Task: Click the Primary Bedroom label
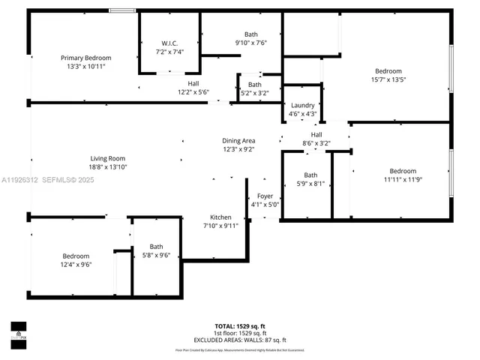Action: pyautogui.click(x=86, y=58)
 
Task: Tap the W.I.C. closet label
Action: pyautogui.click(x=169, y=43)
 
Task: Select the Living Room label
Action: pyautogui.click(x=107, y=158)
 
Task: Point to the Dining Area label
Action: pyautogui.click(x=238, y=141)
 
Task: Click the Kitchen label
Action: pyautogui.click(x=220, y=217)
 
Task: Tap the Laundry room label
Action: pyautogui.click(x=302, y=106)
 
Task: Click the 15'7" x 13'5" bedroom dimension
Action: pyautogui.click(x=388, y=80)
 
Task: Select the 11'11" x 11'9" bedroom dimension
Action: pyautogui.click(x=403, y=179)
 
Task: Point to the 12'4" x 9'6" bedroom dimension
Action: pyautogui.click(x=76, y=264)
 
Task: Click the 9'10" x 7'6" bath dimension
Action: pyautogui.click(x=250, y=43)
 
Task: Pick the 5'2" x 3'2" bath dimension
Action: pyautogui.click(x=255, y=94)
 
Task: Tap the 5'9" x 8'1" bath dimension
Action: pyautogui.click(x=310, y=183)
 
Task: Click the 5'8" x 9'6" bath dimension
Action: pyautogui.click(x=156, y=255)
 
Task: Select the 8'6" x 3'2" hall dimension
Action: pyautogui.click(x=316, y=142)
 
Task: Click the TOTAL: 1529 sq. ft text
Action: pyautogui.click(x=240, y=326)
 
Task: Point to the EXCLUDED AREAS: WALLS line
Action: pyautogui.click(x=240, y=340)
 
